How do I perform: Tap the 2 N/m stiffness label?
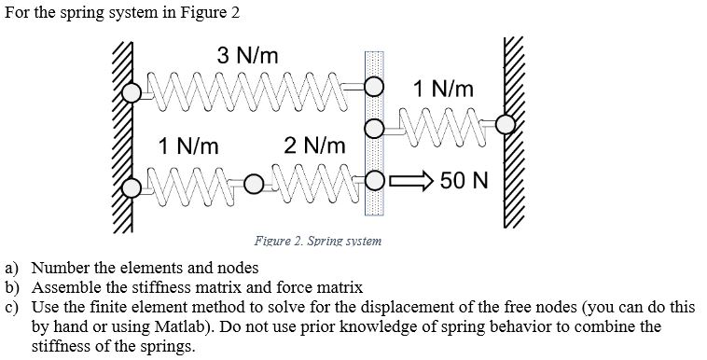(314, 145)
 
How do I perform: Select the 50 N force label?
(464, 179)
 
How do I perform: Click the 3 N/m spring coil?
(250, 90)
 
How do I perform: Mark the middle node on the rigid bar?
(373, 128)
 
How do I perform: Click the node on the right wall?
(505, 123)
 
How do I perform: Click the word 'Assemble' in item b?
(63, 287)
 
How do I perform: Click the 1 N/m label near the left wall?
(189, 145)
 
